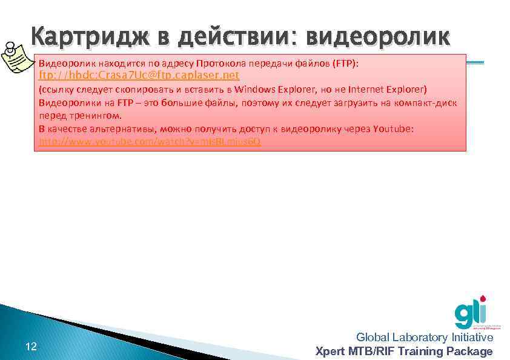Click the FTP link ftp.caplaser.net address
[x=139, y=76]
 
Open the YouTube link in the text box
[x=150, y=141]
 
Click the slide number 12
[x=31, y=347]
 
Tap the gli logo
[x=471, y=312]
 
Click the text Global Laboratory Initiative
[x=425, y=338]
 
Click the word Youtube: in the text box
[x=394, y=128]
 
